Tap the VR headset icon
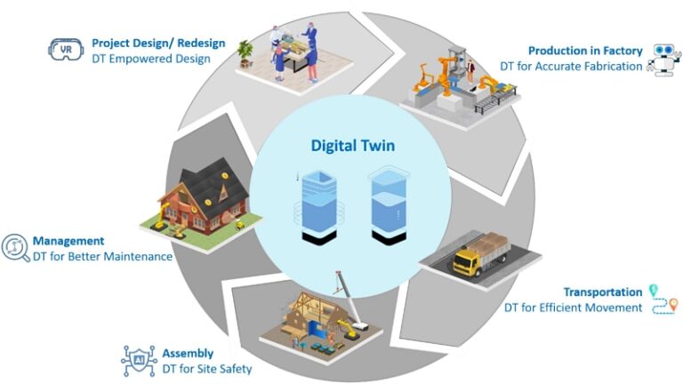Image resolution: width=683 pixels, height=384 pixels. (x=65, y=49)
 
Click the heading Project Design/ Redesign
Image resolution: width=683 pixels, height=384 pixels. (x=158, y=43)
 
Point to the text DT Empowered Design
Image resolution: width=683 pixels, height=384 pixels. (x=151, y=59)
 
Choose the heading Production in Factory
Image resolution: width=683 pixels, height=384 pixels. (x=585, y=51)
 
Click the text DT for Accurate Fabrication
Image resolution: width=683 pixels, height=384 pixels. (x=570, y=67)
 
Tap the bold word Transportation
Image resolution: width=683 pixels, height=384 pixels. (x=602, y=292)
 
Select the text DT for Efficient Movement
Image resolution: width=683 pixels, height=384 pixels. (x=573, y=308)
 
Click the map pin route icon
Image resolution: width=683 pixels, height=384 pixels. (x=663, y=300)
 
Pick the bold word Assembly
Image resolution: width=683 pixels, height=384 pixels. (x=188, y=353)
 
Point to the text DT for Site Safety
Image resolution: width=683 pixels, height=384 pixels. (x=207, y=369)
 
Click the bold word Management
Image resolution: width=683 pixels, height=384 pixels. (x=68, y=241)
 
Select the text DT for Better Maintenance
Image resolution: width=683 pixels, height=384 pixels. (x=102, y=257)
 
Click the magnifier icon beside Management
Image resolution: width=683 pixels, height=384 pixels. (x=15, y=248)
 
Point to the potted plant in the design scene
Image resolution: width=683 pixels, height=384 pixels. (x=245, y=49)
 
